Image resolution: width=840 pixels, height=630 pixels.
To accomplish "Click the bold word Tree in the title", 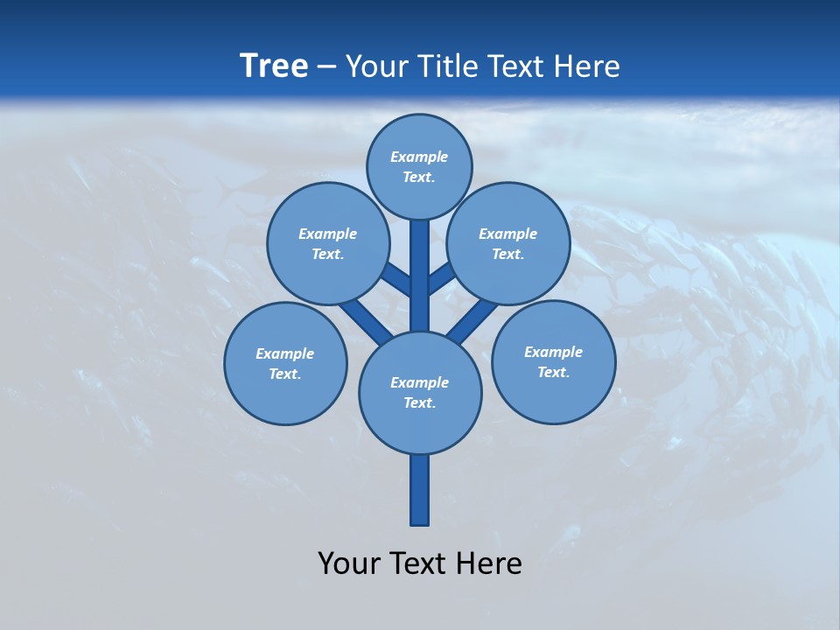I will tap(274, 66).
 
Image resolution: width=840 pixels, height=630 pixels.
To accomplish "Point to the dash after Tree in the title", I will tap(326, 67).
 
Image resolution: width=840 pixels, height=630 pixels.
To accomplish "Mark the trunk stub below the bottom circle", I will tap(420, 490).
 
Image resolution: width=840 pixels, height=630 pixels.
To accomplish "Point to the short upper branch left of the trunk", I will tap(396, 279).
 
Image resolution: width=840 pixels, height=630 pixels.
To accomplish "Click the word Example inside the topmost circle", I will tap(419, 157).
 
